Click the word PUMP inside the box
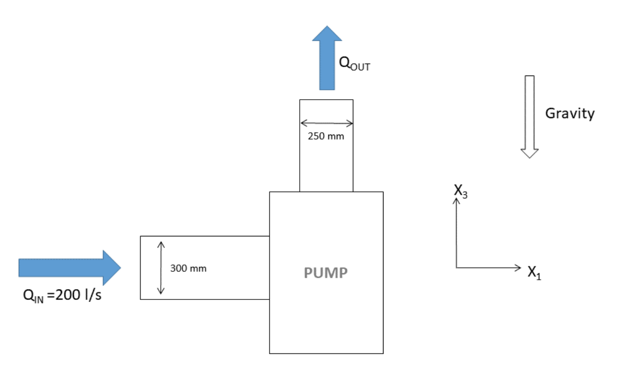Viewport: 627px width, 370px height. point(325,273)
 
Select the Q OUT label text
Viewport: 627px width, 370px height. point(354,64)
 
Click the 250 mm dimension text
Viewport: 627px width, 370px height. point(326,136)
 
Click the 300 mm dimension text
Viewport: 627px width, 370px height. point(188,269)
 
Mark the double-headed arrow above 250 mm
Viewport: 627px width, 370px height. point(326,123)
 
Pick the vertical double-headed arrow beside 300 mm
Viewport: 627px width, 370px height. point(160,267)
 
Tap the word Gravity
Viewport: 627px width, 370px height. point(569,113)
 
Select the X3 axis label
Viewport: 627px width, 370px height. point(460,191)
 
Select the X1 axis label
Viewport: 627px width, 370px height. point(534,272)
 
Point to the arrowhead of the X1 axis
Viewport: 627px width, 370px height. point(517,268)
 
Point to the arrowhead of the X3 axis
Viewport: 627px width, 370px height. point(456,201)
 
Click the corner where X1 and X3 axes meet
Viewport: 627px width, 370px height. point(456,268)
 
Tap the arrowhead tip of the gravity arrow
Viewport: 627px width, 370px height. point(529,156)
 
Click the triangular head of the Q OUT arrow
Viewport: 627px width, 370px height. point(327,34)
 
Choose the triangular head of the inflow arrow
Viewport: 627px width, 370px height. point(111,267)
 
